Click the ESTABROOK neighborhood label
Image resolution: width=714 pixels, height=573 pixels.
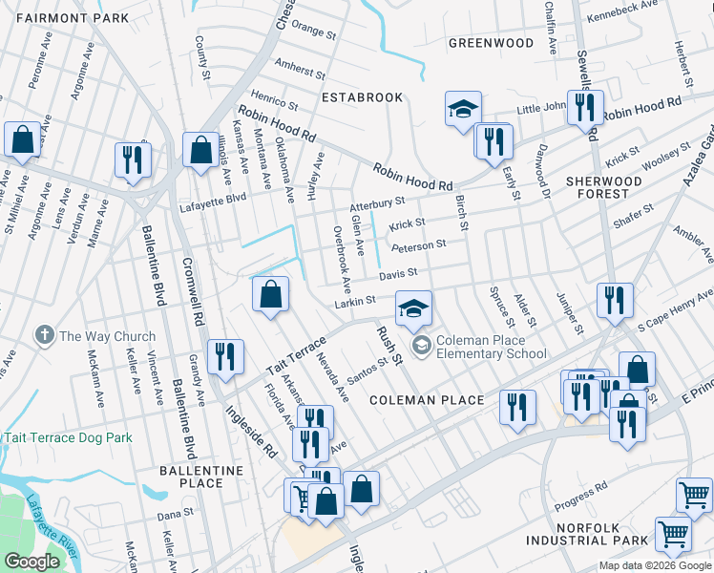(x=362, y=97)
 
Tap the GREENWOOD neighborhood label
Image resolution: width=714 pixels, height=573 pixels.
(x=491, y=43)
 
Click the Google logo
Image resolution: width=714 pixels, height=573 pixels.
(x=32, y=562)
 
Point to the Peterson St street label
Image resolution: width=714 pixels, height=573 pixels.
(x=418, y=245)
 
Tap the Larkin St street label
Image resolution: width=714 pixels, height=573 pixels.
(x=354, y=303)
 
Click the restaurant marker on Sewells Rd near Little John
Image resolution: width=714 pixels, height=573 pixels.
(x=584, y=108)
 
